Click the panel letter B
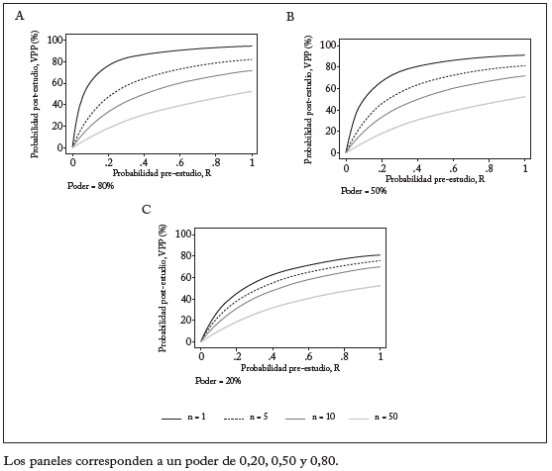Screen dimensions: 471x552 (290, 18)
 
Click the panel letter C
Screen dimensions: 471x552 (147, 209)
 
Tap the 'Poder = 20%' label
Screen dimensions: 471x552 (216, 379)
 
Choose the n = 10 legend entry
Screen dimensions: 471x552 (315, 419)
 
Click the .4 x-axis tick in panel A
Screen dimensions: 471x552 (145, 161)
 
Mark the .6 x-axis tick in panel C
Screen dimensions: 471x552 (308, 354)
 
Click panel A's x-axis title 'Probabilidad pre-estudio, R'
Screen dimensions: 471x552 (163, 173)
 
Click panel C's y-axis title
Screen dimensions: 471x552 (164, 287)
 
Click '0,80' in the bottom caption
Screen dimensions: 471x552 (321, 460)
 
